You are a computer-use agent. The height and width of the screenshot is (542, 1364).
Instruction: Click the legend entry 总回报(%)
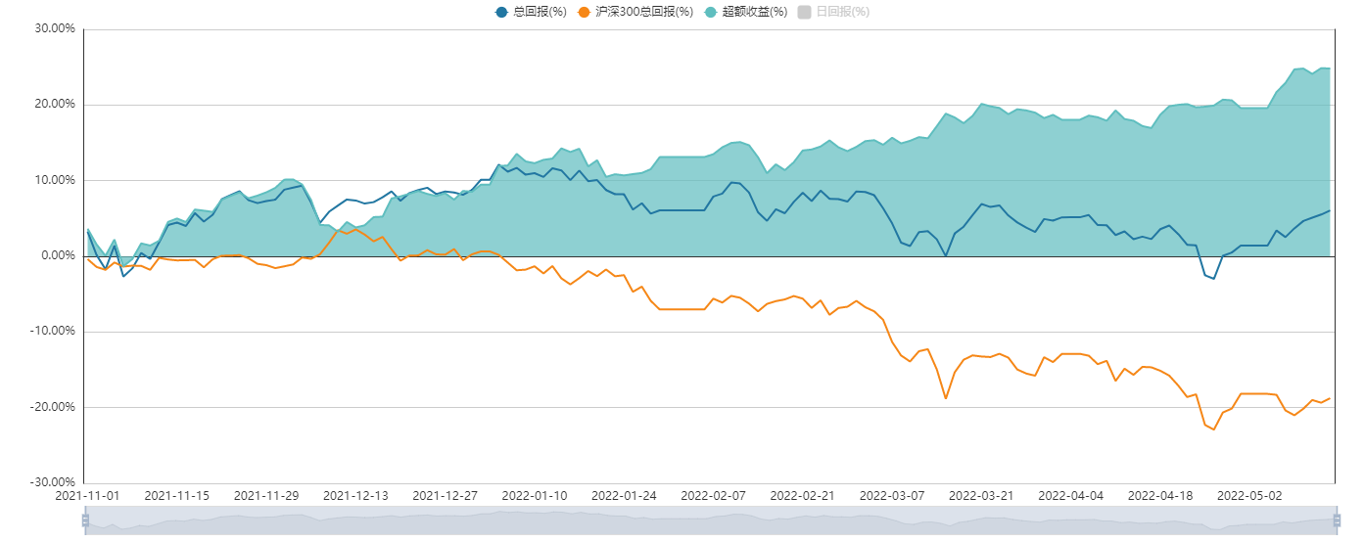point(531,12)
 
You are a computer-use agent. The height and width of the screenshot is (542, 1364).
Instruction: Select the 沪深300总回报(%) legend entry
point(635,12)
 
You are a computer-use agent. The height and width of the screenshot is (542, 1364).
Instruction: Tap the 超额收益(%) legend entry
point(754,12)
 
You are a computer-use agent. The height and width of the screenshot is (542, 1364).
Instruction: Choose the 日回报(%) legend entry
point(833,12)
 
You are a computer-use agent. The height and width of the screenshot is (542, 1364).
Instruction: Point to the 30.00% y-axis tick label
point(55,28)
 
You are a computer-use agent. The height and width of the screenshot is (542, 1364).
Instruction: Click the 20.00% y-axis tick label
point(55,104)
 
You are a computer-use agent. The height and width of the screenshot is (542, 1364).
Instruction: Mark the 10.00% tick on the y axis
point(55,180)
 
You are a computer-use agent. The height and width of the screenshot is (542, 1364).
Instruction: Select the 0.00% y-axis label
point(58,255)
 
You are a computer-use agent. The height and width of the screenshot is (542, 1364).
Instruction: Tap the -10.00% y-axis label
point(53,331)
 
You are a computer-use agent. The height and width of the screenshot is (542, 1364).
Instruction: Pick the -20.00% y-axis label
point(53,407)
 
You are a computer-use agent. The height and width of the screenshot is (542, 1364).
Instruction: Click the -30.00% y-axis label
point(53,482)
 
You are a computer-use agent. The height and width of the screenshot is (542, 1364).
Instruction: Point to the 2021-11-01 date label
point(86,496)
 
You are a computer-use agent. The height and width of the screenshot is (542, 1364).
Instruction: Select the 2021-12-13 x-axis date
point(354,496)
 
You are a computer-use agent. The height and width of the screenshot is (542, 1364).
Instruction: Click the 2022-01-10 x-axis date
point(534,496)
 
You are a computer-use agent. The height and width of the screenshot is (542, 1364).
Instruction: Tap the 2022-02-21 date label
point(802,496)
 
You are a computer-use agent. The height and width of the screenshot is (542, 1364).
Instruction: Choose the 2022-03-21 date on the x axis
point(981,496)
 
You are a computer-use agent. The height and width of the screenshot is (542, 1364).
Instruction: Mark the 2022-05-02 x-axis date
point(1249,496)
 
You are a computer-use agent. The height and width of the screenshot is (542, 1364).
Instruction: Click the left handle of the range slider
point(85,521)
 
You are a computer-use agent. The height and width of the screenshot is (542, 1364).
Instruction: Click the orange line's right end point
point(1330,398)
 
